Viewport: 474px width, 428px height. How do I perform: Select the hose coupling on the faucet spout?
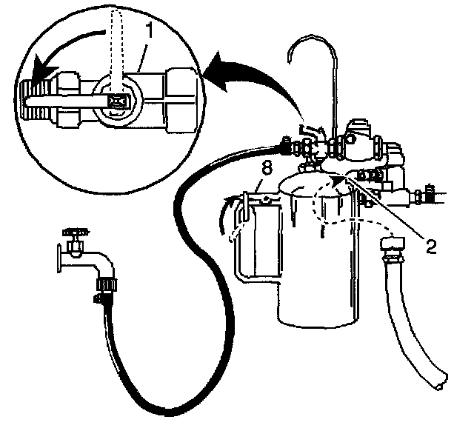pos(104,284)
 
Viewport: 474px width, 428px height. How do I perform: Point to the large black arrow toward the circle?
pos(256,74)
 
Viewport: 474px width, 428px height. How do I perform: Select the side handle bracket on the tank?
pos(244,244)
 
